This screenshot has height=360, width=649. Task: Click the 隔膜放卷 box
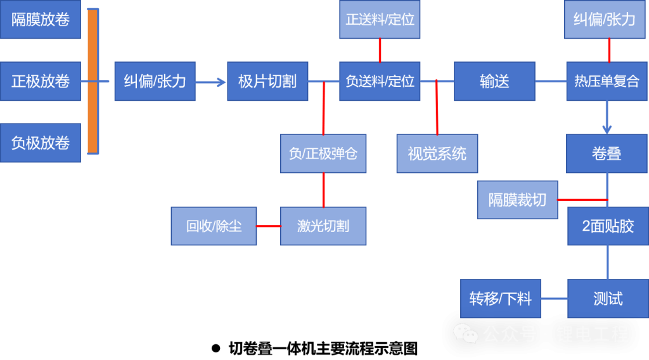click(x=41, y=20)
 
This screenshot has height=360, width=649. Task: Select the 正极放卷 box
click(x=41, y=81)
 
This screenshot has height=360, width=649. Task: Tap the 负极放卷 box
click(x=41, y=143)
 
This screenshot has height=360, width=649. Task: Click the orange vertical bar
click(x=93, y=81)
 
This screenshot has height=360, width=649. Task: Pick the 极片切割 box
click(x=267, y=81)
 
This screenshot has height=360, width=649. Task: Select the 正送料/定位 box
click(x=380, y=20)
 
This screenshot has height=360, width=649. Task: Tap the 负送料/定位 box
click(x=380, y=81)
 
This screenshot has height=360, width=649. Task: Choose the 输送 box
click(x=494, y=81)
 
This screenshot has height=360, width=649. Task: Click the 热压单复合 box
click(x=607, y=81)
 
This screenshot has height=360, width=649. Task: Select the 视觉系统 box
click(x=437, y=153)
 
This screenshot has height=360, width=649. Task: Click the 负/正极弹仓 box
click(x=323, y=153)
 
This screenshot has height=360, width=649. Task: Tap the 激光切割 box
click(x=323, y=226)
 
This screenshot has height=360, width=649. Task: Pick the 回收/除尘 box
click(x=214, y=226)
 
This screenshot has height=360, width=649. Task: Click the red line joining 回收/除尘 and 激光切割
click(x=269, y=226)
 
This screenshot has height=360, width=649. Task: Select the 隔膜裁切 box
click(x=517, y=200)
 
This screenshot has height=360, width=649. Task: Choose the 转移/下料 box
click(x=500, y=299)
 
